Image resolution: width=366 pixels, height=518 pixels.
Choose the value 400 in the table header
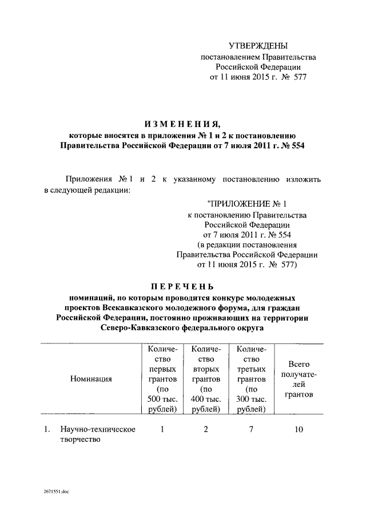(198, 399)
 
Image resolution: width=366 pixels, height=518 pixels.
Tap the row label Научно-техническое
(91, 429)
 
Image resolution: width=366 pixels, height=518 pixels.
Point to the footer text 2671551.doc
(55, 492)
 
